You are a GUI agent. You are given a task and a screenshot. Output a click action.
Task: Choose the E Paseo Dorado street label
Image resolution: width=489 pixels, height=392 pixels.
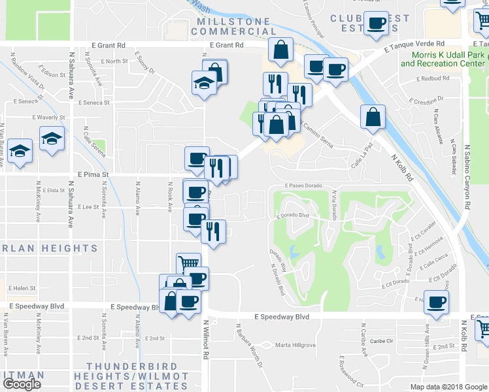tap(304, 186)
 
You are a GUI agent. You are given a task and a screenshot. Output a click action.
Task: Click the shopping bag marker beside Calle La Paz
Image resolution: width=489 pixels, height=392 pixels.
tap(372, 118)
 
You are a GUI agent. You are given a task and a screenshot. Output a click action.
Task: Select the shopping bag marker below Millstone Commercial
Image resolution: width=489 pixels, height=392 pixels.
tap(280, 50)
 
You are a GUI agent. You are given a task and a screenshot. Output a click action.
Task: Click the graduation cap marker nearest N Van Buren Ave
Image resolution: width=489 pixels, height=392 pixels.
tap(20, 152)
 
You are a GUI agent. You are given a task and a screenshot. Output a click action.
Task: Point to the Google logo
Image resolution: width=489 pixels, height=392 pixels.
tap(22, 384)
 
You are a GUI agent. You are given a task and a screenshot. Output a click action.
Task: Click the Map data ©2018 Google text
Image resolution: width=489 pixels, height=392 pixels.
tap(448, 387)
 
